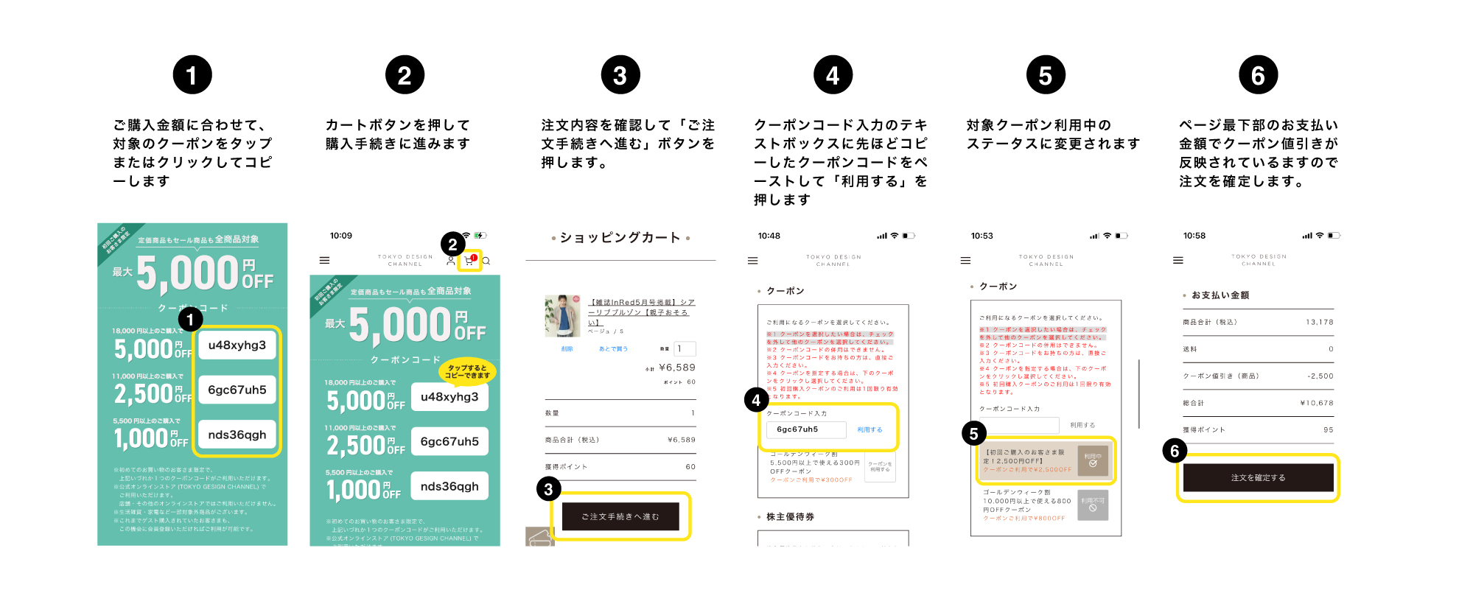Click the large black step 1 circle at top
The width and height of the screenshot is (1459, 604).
192,75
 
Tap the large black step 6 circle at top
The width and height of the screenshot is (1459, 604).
1258,75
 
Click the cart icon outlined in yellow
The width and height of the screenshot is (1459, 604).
469,261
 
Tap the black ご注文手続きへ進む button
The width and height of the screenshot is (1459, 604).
620,516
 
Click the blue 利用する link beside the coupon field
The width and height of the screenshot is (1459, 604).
870,429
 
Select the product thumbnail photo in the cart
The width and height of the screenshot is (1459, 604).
562,316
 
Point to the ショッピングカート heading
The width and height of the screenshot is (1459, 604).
620,237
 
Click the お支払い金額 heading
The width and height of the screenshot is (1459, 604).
1220,295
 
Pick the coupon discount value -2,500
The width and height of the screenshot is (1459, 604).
1320,376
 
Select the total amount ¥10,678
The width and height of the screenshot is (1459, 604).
1317,403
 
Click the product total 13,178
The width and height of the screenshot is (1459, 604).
1319,323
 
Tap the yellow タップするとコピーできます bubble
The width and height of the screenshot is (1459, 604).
467,372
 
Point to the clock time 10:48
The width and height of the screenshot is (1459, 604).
769,236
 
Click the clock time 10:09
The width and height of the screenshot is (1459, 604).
341,236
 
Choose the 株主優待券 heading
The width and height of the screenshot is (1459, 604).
790,517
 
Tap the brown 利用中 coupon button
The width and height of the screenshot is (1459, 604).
1093,460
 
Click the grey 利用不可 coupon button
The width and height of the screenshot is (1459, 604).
1093,505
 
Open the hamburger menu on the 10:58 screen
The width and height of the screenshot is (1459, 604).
1178,260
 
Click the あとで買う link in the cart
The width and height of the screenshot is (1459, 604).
613,349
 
